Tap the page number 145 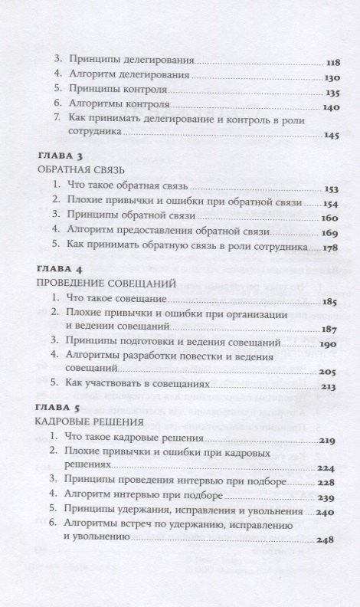(332, 136)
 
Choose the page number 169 (331, 231)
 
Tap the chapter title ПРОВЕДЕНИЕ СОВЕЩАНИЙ (106, 284)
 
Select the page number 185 (331, 301)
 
